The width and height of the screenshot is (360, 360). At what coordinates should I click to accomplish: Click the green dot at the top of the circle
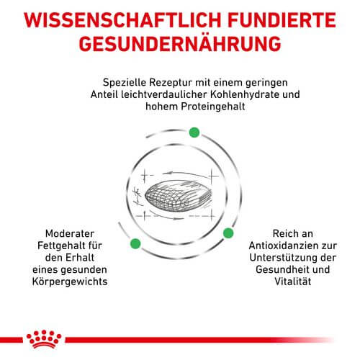click(x=193, y=132)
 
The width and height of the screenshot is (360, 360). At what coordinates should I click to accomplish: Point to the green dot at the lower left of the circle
click(x=134, y=244)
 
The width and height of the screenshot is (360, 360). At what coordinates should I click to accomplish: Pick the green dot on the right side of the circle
click(x=228, y=233)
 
